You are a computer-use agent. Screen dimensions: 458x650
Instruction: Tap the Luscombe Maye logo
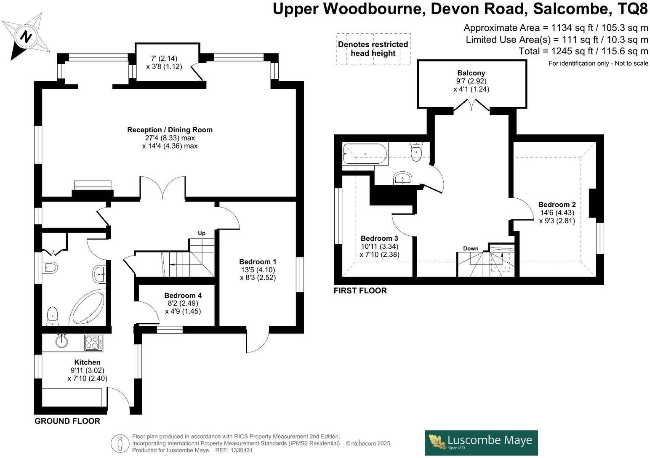pyautogui.click(x=481, y=442)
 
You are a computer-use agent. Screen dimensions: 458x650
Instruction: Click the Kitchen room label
pyautogui.click(x=87, y=362)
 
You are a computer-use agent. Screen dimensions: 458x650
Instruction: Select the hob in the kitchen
pyautogui.click(x=93, y=342)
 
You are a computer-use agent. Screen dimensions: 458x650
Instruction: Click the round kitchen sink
pyautogui.click(x=61, y=341)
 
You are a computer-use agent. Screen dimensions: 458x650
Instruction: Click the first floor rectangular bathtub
pyautogui.click(x=365, y=154)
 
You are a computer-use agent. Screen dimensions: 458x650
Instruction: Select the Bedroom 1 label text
pyautogui.click(x=258, y=261)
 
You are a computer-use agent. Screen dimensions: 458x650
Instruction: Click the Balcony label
pyautogui.click(x=471, y=73)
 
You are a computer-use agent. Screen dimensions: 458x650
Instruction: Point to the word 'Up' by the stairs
pyautogui.click(x=202, y=233)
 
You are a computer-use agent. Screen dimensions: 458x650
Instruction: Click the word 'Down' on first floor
pyautogui.click(x=471, y=248)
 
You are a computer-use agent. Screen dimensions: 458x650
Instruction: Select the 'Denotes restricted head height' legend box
pyautogui.click(x=373, y=49)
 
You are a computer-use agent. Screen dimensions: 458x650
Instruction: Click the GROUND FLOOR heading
pyautogui.click(x=67, y=421)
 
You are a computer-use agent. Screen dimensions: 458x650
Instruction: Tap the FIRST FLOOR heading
pyautogui.click(x=360, y=290)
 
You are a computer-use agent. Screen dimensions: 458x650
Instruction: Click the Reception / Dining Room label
pyautogui.click(x=170, y=130)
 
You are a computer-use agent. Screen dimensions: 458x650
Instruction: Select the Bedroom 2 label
pyautogui.click(x=557, y=205)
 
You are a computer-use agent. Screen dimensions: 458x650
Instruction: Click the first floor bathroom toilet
pyautogui.click(x=416, y=152)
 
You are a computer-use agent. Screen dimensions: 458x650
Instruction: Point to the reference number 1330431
pyautogui.click(x=240, y=450)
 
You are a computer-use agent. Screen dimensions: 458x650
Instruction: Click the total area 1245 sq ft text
pyautogui.click(x=583, y=51)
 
